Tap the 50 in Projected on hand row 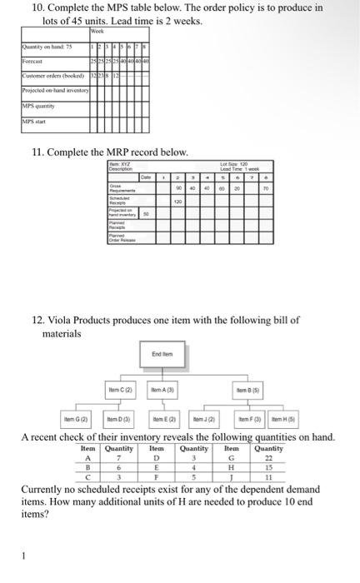(147, 214)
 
